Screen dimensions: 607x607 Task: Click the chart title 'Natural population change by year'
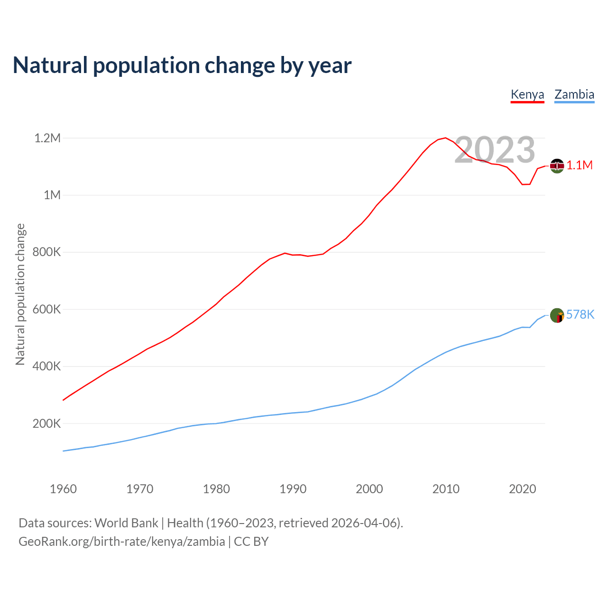182,65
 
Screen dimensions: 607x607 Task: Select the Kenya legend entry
527,94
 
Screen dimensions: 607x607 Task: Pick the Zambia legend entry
574,94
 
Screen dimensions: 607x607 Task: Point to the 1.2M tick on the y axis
47,138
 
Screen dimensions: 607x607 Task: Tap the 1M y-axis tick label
52,195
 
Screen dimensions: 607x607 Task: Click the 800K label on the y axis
46,252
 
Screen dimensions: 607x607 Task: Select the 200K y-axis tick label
46,424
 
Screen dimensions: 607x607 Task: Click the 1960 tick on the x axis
63,489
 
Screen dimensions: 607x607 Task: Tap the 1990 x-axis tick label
293,489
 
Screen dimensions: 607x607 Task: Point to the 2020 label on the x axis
522,489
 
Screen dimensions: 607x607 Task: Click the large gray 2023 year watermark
495,150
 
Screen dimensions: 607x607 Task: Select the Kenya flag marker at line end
557,166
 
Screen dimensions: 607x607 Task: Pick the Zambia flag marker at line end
557,315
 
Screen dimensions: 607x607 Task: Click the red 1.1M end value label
579,166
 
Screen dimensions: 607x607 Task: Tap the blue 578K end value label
580,315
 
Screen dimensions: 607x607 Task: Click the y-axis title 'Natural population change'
20,294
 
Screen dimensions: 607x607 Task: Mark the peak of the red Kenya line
445,138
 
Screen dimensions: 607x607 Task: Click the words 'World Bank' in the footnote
126,523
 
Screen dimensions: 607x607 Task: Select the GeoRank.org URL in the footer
122,542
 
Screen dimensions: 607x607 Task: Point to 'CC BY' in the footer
251,542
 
